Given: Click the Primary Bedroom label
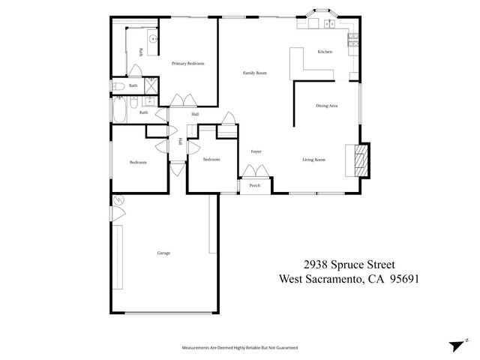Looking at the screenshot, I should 188,64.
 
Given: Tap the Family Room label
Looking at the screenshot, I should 255,73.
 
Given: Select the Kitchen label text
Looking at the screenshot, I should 325,52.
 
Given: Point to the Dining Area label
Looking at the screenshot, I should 326,106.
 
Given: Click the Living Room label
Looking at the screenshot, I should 313,160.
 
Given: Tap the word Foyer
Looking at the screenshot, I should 255,151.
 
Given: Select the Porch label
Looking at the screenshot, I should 255,185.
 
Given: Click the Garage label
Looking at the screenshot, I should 163,253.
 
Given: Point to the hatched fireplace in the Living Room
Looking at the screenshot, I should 361,160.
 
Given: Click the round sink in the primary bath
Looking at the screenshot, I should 152,37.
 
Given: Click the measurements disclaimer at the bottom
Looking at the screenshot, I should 240,348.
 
